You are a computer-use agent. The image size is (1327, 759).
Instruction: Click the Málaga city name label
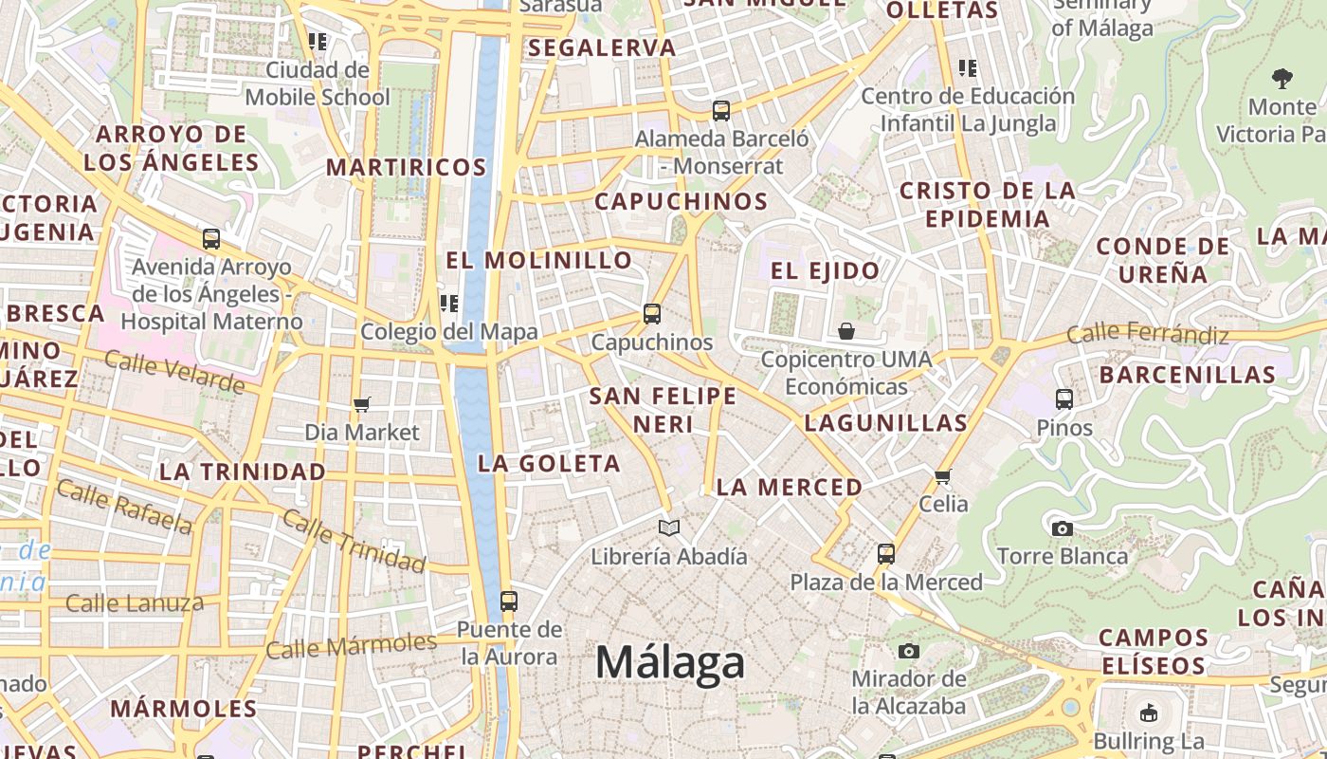(x=670, y=661)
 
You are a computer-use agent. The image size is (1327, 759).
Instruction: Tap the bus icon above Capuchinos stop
(x=651, y=313)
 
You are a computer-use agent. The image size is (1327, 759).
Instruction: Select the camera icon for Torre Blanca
(x=1063, y=528)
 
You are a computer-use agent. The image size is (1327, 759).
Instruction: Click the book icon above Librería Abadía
(x=669, y=528)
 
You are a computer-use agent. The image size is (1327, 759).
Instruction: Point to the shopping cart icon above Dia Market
(x=361, y=405)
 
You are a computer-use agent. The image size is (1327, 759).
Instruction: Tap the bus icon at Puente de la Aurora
(x=509, y=601)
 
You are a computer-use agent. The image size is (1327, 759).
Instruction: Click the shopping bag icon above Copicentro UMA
(x=846, y=331)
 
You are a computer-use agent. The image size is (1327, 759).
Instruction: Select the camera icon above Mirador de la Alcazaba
(x=909, y=651)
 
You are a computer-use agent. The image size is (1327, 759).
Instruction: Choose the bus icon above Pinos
(x=1064, y=399)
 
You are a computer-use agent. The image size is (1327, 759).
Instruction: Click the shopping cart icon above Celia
(x=942, y=476)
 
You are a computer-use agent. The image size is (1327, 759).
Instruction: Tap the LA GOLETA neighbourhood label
(x=550, y=464)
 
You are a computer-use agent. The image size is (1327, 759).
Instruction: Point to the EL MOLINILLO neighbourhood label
(x=539, y=260)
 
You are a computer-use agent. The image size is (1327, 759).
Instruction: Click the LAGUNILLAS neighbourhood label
(x=885, y=423)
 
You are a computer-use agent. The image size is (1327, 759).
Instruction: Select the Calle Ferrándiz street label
(x=1147, y=334)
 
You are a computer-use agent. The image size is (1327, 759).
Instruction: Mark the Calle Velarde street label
(x=174, y=371)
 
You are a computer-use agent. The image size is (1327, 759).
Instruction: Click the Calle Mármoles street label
(x=352, y=645)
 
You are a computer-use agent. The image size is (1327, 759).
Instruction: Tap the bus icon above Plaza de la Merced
(x=886, y=553)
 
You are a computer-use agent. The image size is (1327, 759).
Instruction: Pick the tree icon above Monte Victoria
(x=1282, y=79)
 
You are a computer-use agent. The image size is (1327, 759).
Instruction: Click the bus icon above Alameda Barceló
(x=721, y=111)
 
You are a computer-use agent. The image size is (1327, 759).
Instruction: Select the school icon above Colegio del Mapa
(x=449, y=304)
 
